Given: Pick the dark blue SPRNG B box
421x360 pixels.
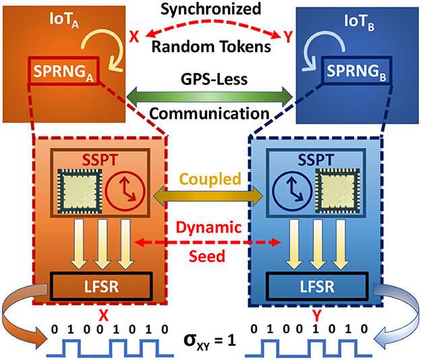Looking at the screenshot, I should (356, 69).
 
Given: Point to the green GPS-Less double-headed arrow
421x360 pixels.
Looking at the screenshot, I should (210, 92).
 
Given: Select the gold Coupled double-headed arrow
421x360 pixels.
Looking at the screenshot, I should (210, 197).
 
